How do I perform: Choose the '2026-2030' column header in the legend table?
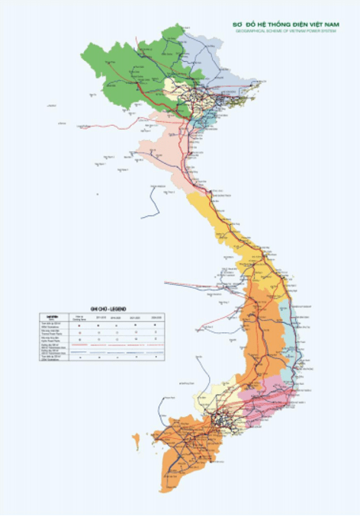156,316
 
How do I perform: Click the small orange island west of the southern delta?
136,441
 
